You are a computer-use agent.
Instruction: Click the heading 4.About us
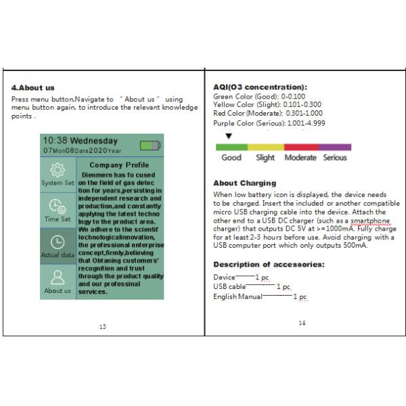33,88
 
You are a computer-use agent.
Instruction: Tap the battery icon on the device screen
150,145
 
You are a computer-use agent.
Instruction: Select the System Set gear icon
58,171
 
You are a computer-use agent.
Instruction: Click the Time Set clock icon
58,206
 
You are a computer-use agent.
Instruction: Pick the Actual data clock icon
58,242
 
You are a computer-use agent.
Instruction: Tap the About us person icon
58,277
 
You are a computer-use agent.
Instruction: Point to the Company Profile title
119,164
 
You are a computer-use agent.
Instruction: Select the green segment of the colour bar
231,147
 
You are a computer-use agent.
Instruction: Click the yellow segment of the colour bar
265,147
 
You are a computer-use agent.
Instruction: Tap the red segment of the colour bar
300,147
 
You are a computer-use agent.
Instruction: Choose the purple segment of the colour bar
334,147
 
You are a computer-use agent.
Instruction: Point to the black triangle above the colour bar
228,136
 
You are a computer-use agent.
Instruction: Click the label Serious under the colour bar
334,158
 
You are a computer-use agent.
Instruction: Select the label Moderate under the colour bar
300,158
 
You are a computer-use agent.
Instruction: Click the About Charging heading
244,183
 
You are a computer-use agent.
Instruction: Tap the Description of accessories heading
269,264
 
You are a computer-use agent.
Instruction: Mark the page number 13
102,327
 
